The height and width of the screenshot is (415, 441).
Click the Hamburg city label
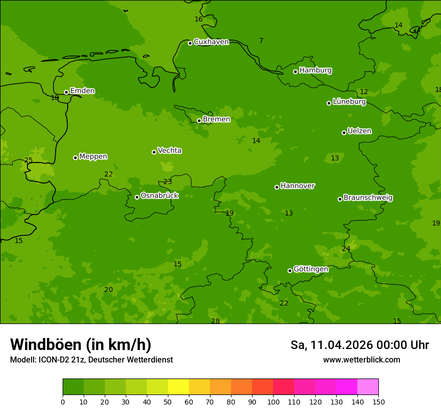click(x=315, y=70)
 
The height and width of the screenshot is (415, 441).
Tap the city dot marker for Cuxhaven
click(x=190, y=43)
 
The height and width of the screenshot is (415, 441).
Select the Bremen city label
click(x=216, y=119)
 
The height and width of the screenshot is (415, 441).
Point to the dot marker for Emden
click(x=66, y=92)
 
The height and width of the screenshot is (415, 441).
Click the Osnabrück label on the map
click(x=159, y=196)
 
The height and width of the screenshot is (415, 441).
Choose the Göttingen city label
click(x=311, y=269)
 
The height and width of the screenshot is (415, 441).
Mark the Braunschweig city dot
click(x=340, y=199)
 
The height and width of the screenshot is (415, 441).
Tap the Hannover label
click(x=297, y=186)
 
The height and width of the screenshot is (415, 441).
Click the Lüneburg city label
click(x=349, y=102)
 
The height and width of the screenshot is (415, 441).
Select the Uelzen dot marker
click(x=344, y=132)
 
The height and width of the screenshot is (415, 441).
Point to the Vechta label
click(x=169, y=151)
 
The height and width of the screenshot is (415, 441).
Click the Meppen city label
click(x=93, y=156)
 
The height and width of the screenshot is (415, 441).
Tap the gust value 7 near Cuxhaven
click(x=261, y=40)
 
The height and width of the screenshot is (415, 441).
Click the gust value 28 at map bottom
click(x=215, y=321)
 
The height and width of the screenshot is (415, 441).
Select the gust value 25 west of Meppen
click(x=29, y=160)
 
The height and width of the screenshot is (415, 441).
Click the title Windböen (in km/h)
click(x=81, y=344)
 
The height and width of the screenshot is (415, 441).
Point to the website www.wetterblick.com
click(x=361, y=360)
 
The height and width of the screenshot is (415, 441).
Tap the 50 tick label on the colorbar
click(x=168, y=401)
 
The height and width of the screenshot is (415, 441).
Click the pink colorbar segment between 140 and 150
click(x=368, y=387)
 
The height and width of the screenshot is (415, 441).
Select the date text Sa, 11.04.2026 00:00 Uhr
click(x=359, y=345)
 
